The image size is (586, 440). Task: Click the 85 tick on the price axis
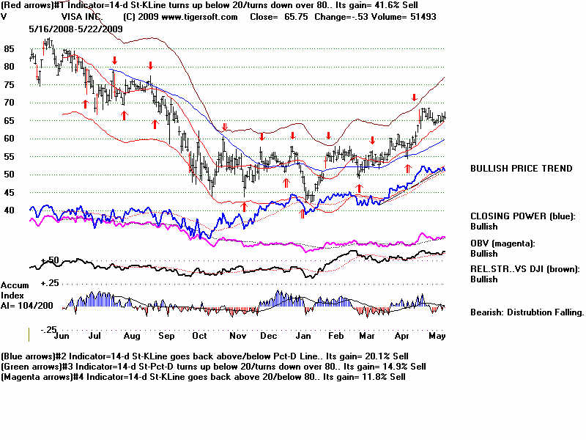pos(10,49)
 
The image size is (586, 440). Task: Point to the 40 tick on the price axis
pos(10,210)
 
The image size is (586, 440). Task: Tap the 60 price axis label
pos(10,139)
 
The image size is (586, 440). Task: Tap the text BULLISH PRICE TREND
pos(521,169)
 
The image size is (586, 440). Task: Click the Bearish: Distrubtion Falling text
pos(527,312)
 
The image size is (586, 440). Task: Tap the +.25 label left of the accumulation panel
pos(29,282)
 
